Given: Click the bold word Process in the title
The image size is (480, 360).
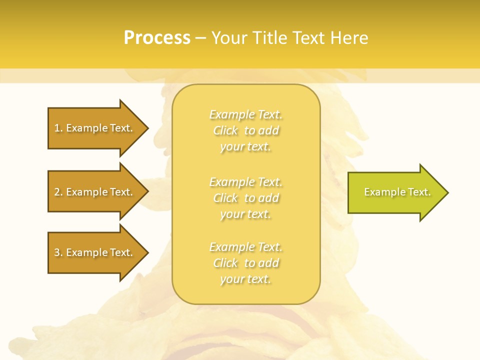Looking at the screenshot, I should [x=157, y=38].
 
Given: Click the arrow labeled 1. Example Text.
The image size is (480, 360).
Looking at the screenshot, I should [x=95, y=128].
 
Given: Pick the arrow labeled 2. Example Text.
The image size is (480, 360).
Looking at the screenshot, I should [x=95, y=192].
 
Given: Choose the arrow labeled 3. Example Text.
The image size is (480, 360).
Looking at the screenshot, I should [x=95, y=252].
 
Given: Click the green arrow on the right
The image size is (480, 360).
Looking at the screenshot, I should [x=395, y=192].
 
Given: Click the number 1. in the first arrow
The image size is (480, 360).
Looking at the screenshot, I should [x=58, y=128].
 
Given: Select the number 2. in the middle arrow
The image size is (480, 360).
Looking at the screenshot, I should [x=58, y=192].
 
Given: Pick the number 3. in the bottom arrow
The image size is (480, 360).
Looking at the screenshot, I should [x=58, y=252].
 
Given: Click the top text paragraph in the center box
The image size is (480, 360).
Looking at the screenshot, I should [x=245, y=130].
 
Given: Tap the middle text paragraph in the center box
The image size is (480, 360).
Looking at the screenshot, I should [x=245, y=198].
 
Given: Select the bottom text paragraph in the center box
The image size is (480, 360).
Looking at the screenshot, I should [x=245, y=263].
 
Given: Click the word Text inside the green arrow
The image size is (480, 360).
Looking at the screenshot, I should [x=419, y=192].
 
